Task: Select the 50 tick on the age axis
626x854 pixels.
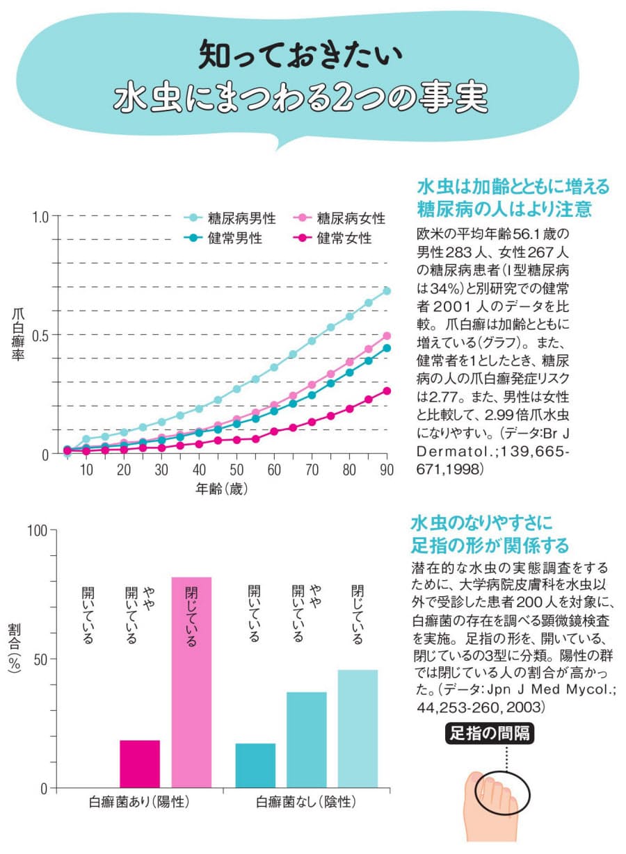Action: [236, 470]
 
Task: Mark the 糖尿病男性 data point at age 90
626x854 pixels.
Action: [387, 291]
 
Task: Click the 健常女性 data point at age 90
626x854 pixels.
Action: [387, 391]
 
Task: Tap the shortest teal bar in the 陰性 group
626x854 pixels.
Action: [255, 765]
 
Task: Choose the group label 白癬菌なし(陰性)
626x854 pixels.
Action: [306, 802]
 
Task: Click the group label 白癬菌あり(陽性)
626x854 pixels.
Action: [140, 802]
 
